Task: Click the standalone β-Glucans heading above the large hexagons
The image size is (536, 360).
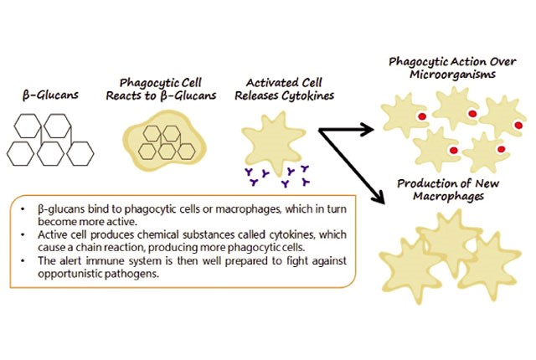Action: [50, 95]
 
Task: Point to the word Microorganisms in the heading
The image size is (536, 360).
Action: [452, 75]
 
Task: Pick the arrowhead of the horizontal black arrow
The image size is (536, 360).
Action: [368, 130]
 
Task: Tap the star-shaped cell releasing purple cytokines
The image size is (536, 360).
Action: [274, 140]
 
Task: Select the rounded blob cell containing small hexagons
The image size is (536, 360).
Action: [165, 141]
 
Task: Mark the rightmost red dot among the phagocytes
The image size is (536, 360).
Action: [518, 125]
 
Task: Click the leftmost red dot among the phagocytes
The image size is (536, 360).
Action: [422, 116]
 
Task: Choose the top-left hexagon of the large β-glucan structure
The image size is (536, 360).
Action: [28, 126]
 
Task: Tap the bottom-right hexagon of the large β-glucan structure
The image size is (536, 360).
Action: [80, 154]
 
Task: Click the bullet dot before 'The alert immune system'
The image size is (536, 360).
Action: [23, 261]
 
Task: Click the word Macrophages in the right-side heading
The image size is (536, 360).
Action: [449, 197]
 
